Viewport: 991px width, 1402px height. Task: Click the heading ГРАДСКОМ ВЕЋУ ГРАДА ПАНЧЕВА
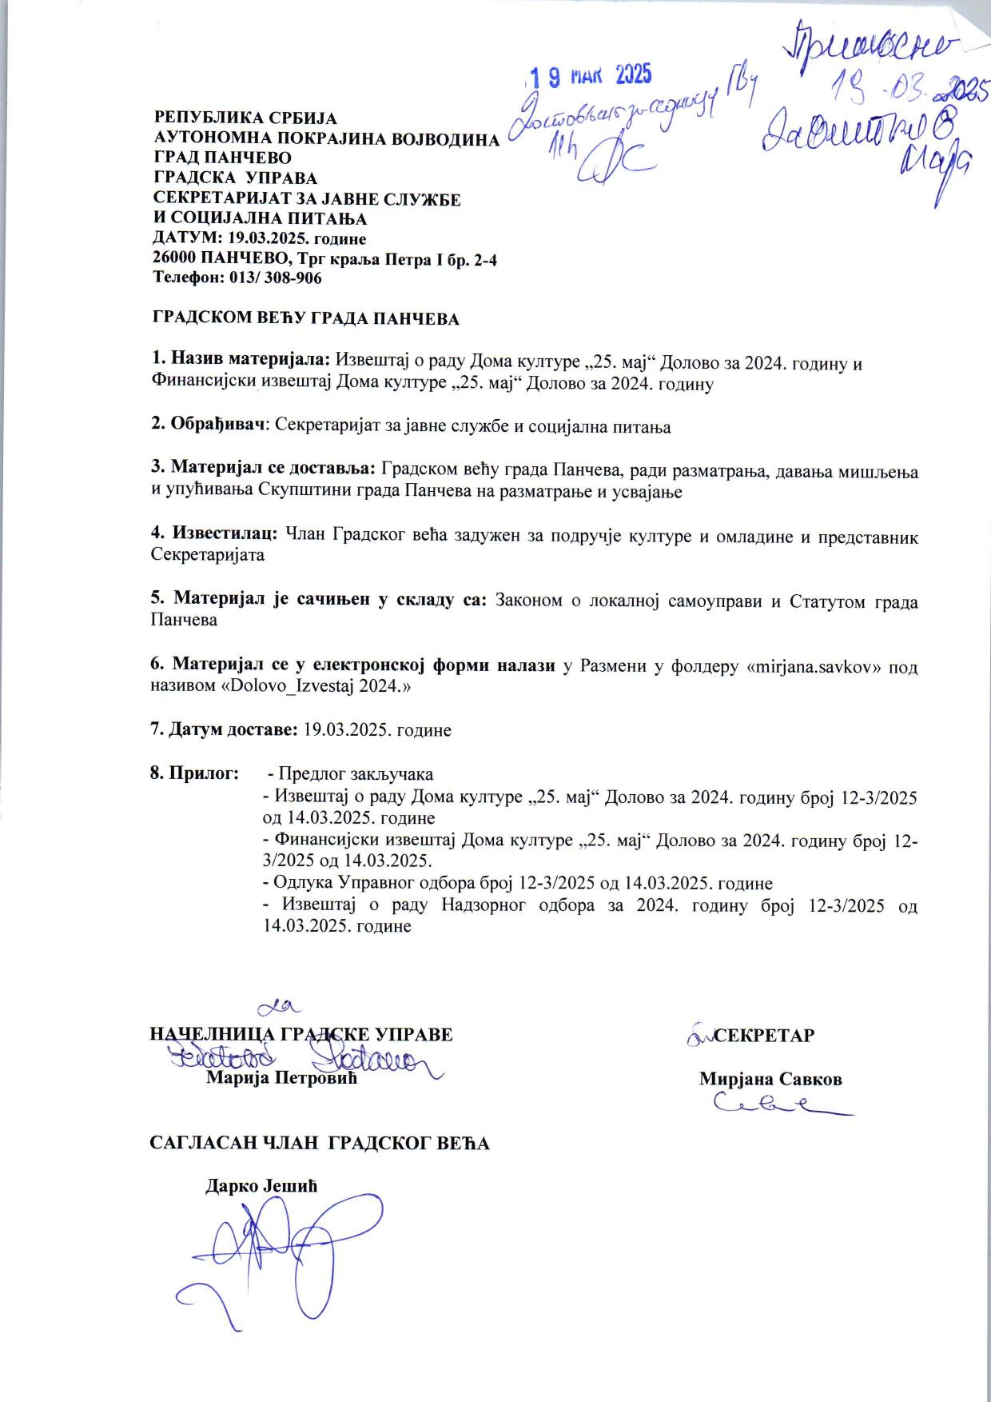(306, 319)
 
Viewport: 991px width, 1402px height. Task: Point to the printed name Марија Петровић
(281, 1078)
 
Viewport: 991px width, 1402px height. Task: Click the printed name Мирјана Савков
(770, 1078)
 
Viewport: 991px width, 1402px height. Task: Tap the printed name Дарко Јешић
(261, 1185)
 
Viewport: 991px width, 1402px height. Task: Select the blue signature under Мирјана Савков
(779, 1106)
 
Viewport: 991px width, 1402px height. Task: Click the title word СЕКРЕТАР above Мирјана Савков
(764, 1035)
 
